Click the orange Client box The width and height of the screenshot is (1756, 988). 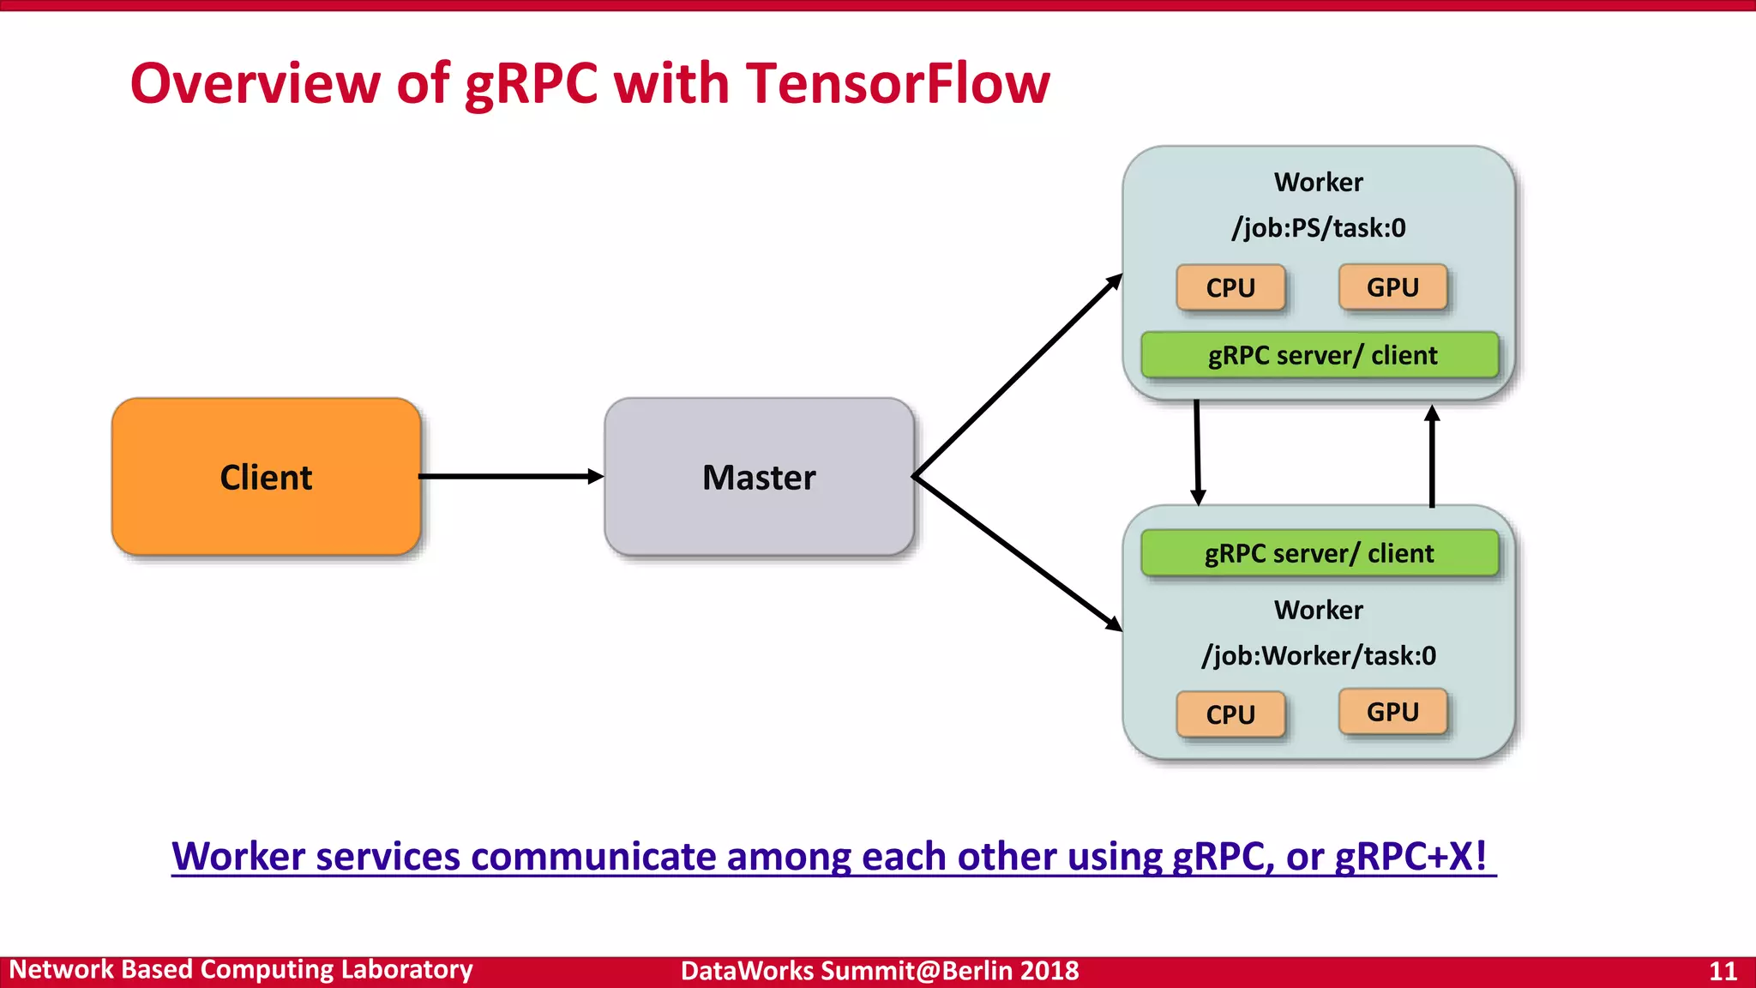coord(266,477)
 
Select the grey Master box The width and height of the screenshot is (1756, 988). coord(759,477)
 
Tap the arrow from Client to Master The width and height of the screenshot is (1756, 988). coord(510,476)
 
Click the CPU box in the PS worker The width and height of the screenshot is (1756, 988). coord(1230,288)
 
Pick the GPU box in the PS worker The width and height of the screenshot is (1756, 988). coord(1392,287)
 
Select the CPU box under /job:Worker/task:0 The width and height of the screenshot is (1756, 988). coord(1230,714)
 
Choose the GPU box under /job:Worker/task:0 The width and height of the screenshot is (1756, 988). coord(1392,712)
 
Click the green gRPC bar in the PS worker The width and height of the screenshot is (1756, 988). coord(1320,355)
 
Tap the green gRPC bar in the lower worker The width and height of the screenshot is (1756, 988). coord(1320,553)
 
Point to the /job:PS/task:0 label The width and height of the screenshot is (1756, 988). coord(1319,228)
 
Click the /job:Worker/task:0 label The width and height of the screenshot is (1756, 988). coord(1319,656)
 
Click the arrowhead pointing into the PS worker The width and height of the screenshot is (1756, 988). coord(1114,282)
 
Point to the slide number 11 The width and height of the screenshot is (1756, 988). coord(1723,971)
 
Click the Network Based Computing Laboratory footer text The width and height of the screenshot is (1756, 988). coord(241,970)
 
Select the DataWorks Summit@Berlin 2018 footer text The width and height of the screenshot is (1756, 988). coord(880,971)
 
